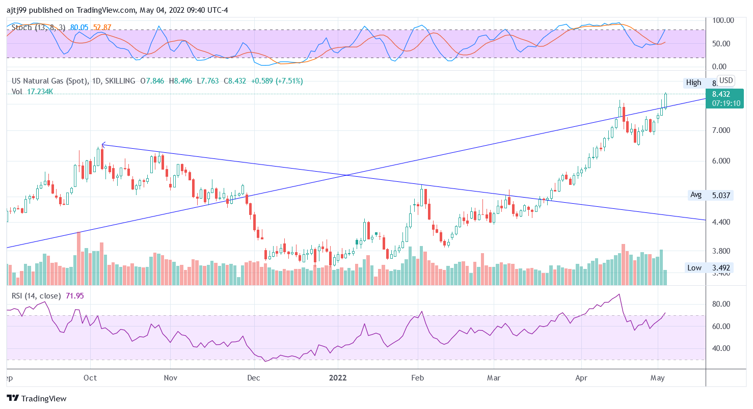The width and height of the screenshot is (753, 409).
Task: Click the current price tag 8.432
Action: (721, 94)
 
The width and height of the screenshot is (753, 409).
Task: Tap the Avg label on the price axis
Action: (696, 195)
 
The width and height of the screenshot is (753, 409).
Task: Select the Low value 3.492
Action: (721, 268)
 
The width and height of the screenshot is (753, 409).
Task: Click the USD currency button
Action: (725, 80)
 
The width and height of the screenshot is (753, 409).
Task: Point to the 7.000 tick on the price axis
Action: (721, 130)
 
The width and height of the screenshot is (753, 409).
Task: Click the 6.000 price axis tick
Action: (721, 161)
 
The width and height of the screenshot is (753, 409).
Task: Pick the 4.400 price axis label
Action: (721, 222)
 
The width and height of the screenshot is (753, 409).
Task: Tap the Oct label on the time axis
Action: (90, 378)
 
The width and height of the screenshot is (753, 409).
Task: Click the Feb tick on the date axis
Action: (417, 378)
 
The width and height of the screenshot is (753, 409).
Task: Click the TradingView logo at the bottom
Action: (37, 398)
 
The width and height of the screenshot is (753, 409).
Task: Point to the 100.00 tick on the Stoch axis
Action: (723, 20)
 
